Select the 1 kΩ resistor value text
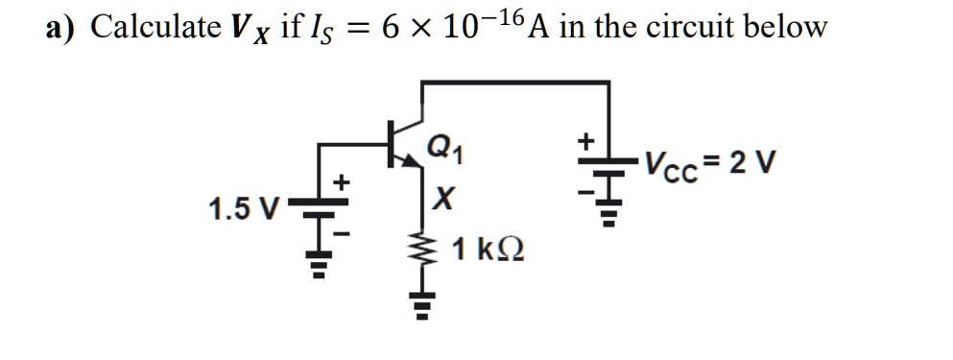pyautogui.click(x=487, y=252)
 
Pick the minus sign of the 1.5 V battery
pyautogui.click(x=339, y=232)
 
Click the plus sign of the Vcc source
pyautogui.click(x=584, y=141)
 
